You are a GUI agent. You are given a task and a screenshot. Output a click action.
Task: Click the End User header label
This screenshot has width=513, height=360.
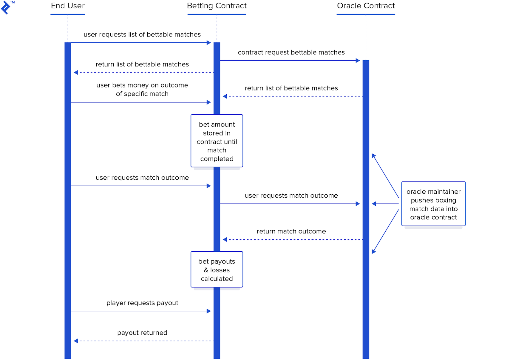coord(68,6)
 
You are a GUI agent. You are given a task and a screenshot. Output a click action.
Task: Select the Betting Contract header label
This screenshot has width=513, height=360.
coord(217,6)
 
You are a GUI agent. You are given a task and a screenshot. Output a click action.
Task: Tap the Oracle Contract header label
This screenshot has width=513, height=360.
coord(366,6)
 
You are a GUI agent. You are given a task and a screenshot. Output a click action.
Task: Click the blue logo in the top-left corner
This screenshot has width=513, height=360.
coord(6,7)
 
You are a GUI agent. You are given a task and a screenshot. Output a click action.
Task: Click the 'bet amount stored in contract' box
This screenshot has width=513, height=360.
coord(217,141)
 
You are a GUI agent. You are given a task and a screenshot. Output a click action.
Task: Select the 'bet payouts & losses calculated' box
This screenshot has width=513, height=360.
coord(217,270)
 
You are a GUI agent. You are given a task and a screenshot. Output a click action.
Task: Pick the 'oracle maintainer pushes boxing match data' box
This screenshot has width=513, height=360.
coord(433,204)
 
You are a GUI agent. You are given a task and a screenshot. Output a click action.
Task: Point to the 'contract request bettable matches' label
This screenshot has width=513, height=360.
coord(291,53)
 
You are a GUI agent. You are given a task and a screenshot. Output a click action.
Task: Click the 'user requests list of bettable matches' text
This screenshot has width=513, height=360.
coord(142,35)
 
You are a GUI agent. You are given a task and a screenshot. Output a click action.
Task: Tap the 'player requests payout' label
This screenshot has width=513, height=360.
coord(142,303)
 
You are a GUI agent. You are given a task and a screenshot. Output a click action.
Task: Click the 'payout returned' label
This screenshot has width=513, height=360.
coord(142,333)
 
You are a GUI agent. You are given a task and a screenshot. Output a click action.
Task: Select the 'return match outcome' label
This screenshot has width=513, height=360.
coord(291,231)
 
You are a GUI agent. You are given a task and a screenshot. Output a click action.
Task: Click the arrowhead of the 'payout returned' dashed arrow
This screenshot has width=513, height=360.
coord(76,341)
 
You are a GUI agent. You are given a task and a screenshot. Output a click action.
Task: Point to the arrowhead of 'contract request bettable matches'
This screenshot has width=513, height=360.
coord(358,61)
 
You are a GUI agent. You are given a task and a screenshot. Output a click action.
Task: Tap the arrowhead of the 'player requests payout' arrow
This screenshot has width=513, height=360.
coord(209,311)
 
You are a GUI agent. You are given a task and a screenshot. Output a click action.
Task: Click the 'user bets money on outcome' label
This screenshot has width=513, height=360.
coord(142,90)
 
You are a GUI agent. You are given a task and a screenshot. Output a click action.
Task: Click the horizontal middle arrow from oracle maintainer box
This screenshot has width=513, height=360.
coord(385,204)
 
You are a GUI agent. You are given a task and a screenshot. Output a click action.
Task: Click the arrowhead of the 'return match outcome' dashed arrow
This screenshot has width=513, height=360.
coord(225,239)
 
